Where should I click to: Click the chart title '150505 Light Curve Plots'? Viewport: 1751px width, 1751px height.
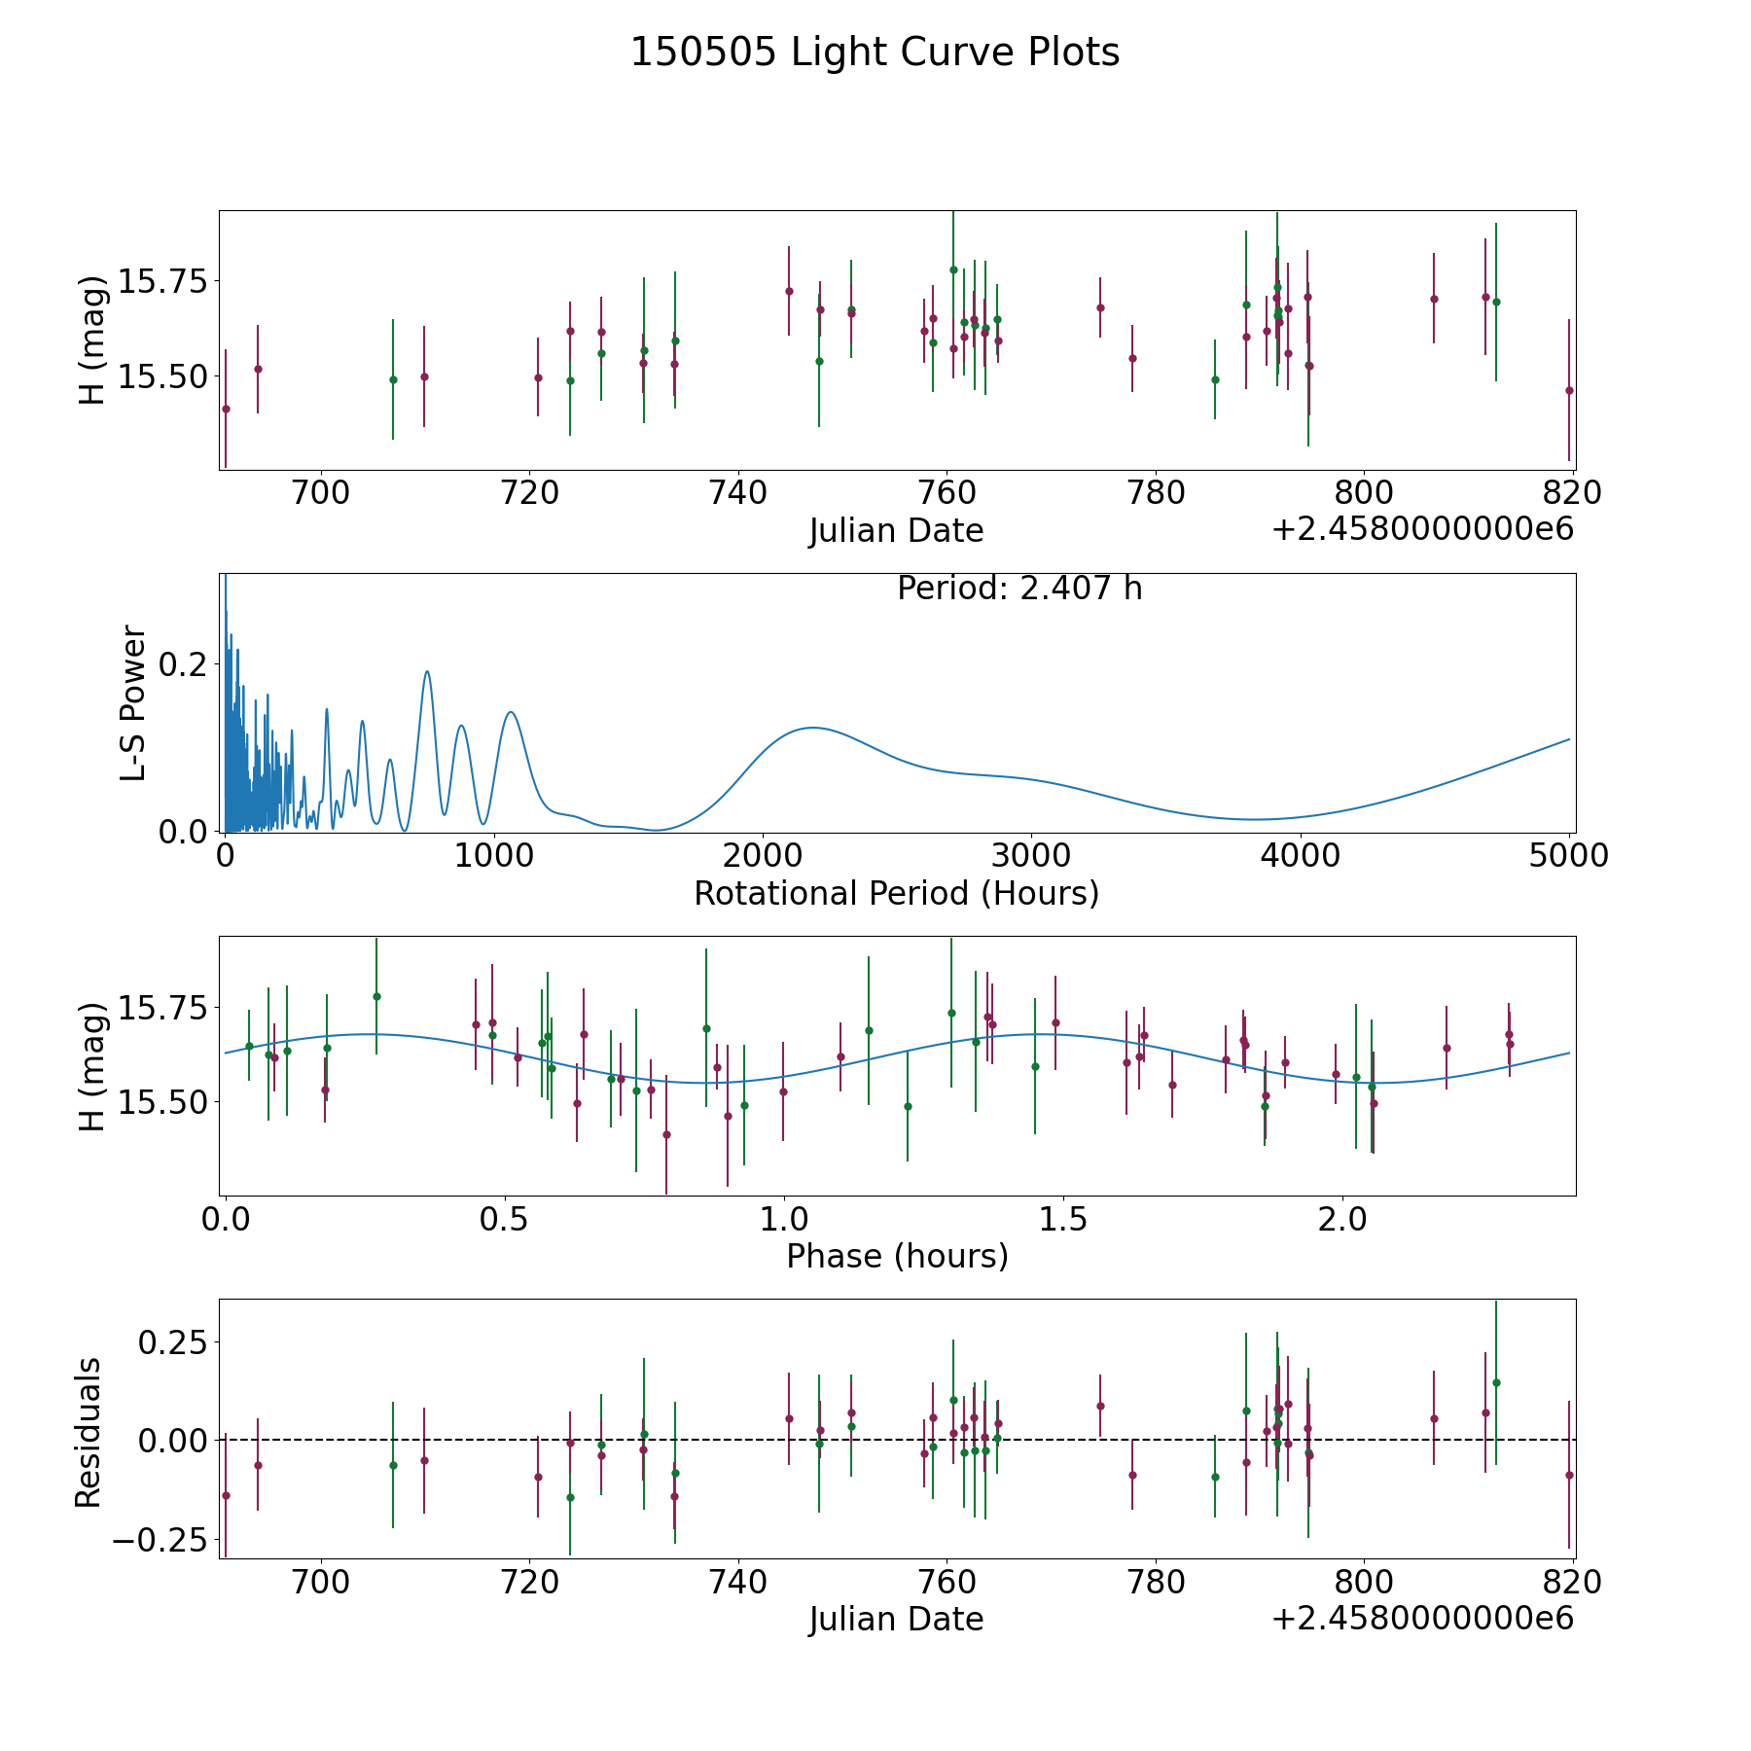(x=875, y=53)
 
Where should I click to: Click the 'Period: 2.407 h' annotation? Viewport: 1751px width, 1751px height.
(x=1019, y=589)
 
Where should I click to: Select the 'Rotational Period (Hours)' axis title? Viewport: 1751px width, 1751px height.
(x=896, y=893)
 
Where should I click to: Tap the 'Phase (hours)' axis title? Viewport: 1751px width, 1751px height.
(x=897, y=1256)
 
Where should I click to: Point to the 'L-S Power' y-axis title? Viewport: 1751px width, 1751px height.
(x=133, y=703)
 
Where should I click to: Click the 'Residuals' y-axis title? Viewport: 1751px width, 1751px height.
(x=89, y=1432)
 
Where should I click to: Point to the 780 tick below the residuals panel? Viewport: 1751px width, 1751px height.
(x=1155, y=1582)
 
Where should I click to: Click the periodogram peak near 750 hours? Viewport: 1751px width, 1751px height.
(x=426, y=671)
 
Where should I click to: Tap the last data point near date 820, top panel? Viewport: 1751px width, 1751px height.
(x=1569, y=390)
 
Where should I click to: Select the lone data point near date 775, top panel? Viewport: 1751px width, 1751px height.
(x=1100, y=307)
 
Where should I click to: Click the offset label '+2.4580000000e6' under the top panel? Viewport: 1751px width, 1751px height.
(x=1422, y=530)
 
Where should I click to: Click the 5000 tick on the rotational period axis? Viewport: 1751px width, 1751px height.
(x=1568, y=856)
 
